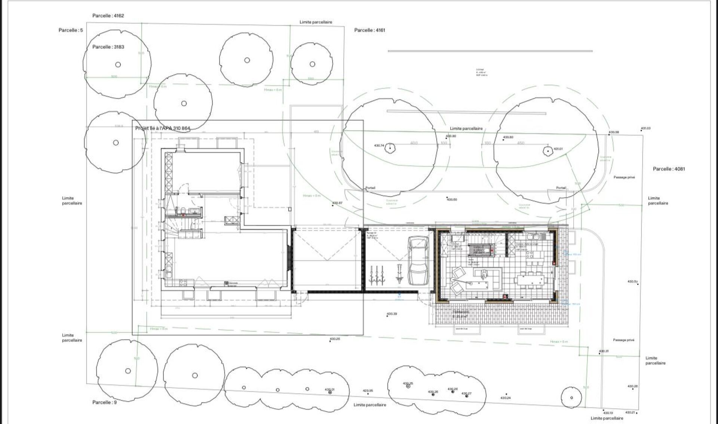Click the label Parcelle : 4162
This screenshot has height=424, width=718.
[x=108, y=16]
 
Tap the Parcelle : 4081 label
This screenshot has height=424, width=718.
[x=669, y=169]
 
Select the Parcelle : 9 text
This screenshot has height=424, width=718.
[x=104, y=402]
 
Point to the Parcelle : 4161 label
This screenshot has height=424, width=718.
[x=369, y=30]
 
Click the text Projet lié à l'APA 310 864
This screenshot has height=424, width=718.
[x=163, y=128]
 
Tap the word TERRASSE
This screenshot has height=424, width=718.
[x=460, y=311]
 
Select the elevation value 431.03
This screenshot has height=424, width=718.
[x=645, y=128]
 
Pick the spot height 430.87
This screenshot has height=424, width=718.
[x=337, y=203]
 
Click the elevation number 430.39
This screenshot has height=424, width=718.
[x=392, y=314]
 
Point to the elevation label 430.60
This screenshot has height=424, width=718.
[x=452, y=199]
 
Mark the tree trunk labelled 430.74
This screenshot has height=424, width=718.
[x=390, y=148]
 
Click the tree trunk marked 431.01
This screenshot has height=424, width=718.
[x=547, y=151]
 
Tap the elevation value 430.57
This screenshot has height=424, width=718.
[x=632, y=281]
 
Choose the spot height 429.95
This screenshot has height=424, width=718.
[x=368, y=391]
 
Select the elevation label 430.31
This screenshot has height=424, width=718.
[x=604, y=351]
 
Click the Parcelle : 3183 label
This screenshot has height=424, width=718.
[x=108, y=47]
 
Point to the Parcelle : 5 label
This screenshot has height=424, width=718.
[x=71, y=30]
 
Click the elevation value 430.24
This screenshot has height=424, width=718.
[x=505, y=397]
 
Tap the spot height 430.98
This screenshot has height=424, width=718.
[x=614, y=132]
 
